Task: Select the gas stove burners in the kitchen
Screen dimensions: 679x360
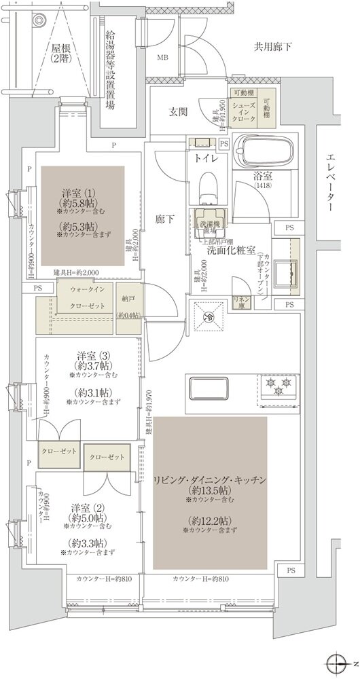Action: click(278, 389)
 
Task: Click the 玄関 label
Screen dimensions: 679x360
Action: click(180, 113)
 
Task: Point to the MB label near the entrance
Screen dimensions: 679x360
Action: click(163, 57)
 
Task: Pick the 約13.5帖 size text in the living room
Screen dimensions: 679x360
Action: click(212, 490)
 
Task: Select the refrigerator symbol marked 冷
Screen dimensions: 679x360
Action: click(210, 315)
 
